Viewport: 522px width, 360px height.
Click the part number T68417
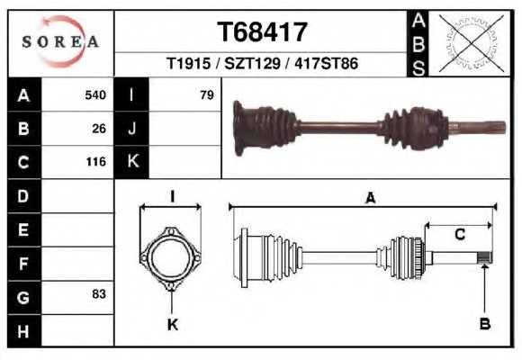(x=262, y=32)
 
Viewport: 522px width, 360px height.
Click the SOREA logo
(x=60, y=41)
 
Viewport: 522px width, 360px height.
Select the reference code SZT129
(x=252, y=63)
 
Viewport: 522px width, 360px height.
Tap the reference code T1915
(x=188, y=63)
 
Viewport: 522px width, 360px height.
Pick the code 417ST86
(x=326, y=63)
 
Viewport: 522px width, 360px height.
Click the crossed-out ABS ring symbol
(x=471, y=43)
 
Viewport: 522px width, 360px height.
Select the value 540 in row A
(x=95, y=95)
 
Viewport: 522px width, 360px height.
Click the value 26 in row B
(x=99, y=129)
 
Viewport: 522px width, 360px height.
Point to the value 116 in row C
(x=96, y=162)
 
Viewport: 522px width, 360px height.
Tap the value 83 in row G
(x=99, y=294)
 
